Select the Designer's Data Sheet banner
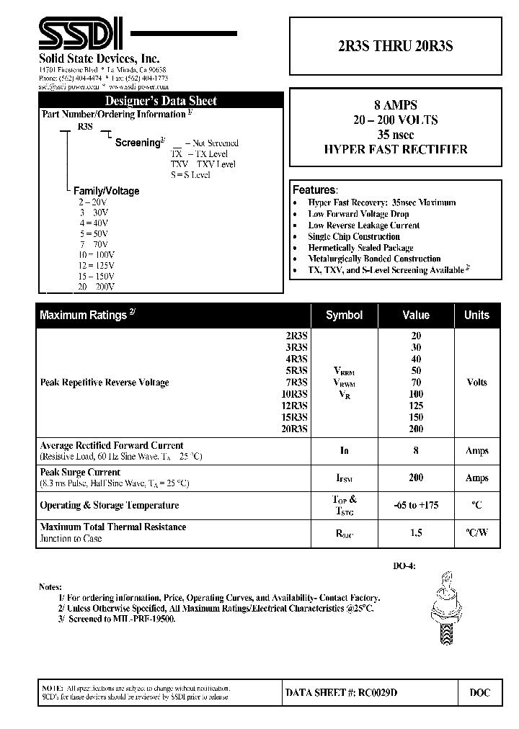click(x=160, y=101)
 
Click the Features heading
click(x=314, y=190)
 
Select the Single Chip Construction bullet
click(x=353, y=236)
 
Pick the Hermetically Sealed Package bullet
click(x=360, y=247)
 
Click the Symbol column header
click(x=344, y=315)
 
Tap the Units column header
click(x=476, y=315)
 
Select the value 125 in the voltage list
click(x=416, y=406)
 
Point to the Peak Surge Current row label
click(x=80, y=472)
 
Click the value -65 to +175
click(x=416, y=505)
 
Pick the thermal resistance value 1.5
click(x=416, y=533)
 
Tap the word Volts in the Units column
click(x=476, y=383)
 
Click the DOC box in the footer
click(x=479, y=692)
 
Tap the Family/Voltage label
click(x=107, y=191)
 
